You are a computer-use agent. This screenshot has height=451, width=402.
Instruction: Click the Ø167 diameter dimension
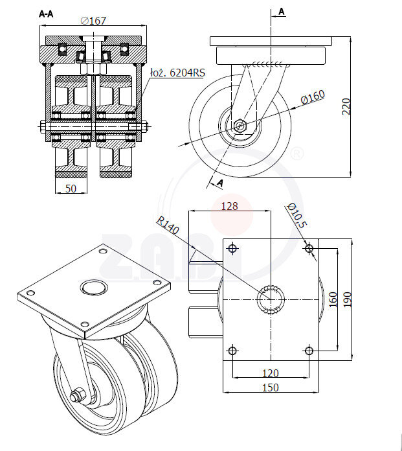[x=94, y=20]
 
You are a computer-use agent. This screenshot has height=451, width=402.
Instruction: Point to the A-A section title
[x=46, y=13]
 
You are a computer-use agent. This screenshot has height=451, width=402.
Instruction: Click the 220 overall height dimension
[x=346, y=106]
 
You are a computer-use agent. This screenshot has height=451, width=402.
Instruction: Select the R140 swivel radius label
[x=166, y=224]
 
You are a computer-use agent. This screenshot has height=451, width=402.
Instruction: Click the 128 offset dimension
[x=229, y=206]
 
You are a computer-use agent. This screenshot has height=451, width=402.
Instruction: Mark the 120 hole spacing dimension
[x=271, y=373]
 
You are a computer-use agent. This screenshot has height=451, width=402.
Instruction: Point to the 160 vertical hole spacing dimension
[x=333, y=299]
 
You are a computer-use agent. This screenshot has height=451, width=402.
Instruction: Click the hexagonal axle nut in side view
[x=240, y=125]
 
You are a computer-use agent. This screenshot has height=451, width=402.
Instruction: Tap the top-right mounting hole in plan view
[x=309, y=248]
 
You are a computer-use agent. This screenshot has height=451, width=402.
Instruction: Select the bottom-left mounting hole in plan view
[x=232, y=351]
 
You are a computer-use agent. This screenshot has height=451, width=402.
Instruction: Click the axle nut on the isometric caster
[x=78, y=393]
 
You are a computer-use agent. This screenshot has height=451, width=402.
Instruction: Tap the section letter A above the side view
[x=282, y=11]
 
